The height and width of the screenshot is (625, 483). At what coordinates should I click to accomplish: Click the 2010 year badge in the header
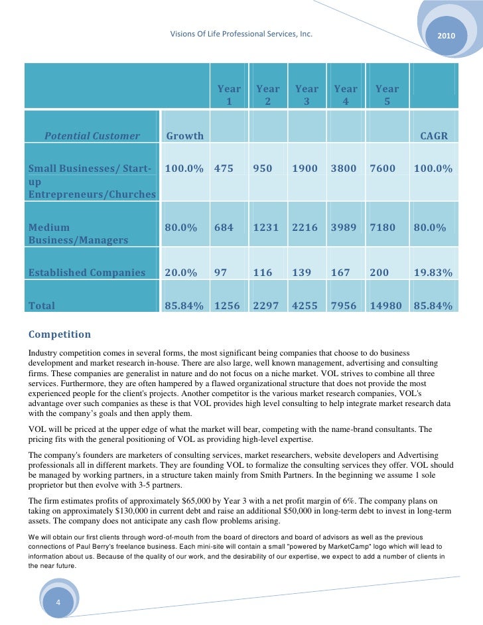pyautogui.click(x=446, y=34)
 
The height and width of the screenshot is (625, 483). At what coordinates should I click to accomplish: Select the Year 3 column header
pyautogui.click(x=307, y=95)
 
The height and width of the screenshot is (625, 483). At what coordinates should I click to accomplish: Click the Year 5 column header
pyautogui.click(x=387, y=95)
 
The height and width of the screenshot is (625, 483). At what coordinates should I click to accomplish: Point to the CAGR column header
pyautogui.click(x=435, y=136)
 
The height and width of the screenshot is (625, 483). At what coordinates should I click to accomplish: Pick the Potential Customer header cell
pyautogui.click(x=92, y=136)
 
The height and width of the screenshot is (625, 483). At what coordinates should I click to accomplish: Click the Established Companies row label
pyautogui.click(x=86, y=272)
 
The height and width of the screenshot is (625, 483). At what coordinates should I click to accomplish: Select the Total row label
pyautogui.click(x=42, y=306)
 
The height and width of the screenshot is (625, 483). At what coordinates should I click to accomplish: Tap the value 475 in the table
pyautogui.click(x=224, y=169)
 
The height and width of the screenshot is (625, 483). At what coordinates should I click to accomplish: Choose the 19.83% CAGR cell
pyautogui.click(x=433, y=272)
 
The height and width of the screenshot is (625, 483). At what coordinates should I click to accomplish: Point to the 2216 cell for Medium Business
pyautogui.click(x=305, y=228)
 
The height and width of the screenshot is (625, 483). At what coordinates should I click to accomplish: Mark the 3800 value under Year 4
pyautogui.click(x=344, y=169)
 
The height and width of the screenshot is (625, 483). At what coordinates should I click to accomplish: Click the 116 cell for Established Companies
pyautogui.click(x=263, y=272)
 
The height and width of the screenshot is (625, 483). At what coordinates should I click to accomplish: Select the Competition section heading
pyautogui.click(x=60, y=334)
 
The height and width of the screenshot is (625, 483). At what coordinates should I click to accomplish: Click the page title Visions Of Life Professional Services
pyautogui.click(x=241, y=34)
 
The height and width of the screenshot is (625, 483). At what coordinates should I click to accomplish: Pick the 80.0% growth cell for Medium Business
pyautogui.click(x=181, y=228)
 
